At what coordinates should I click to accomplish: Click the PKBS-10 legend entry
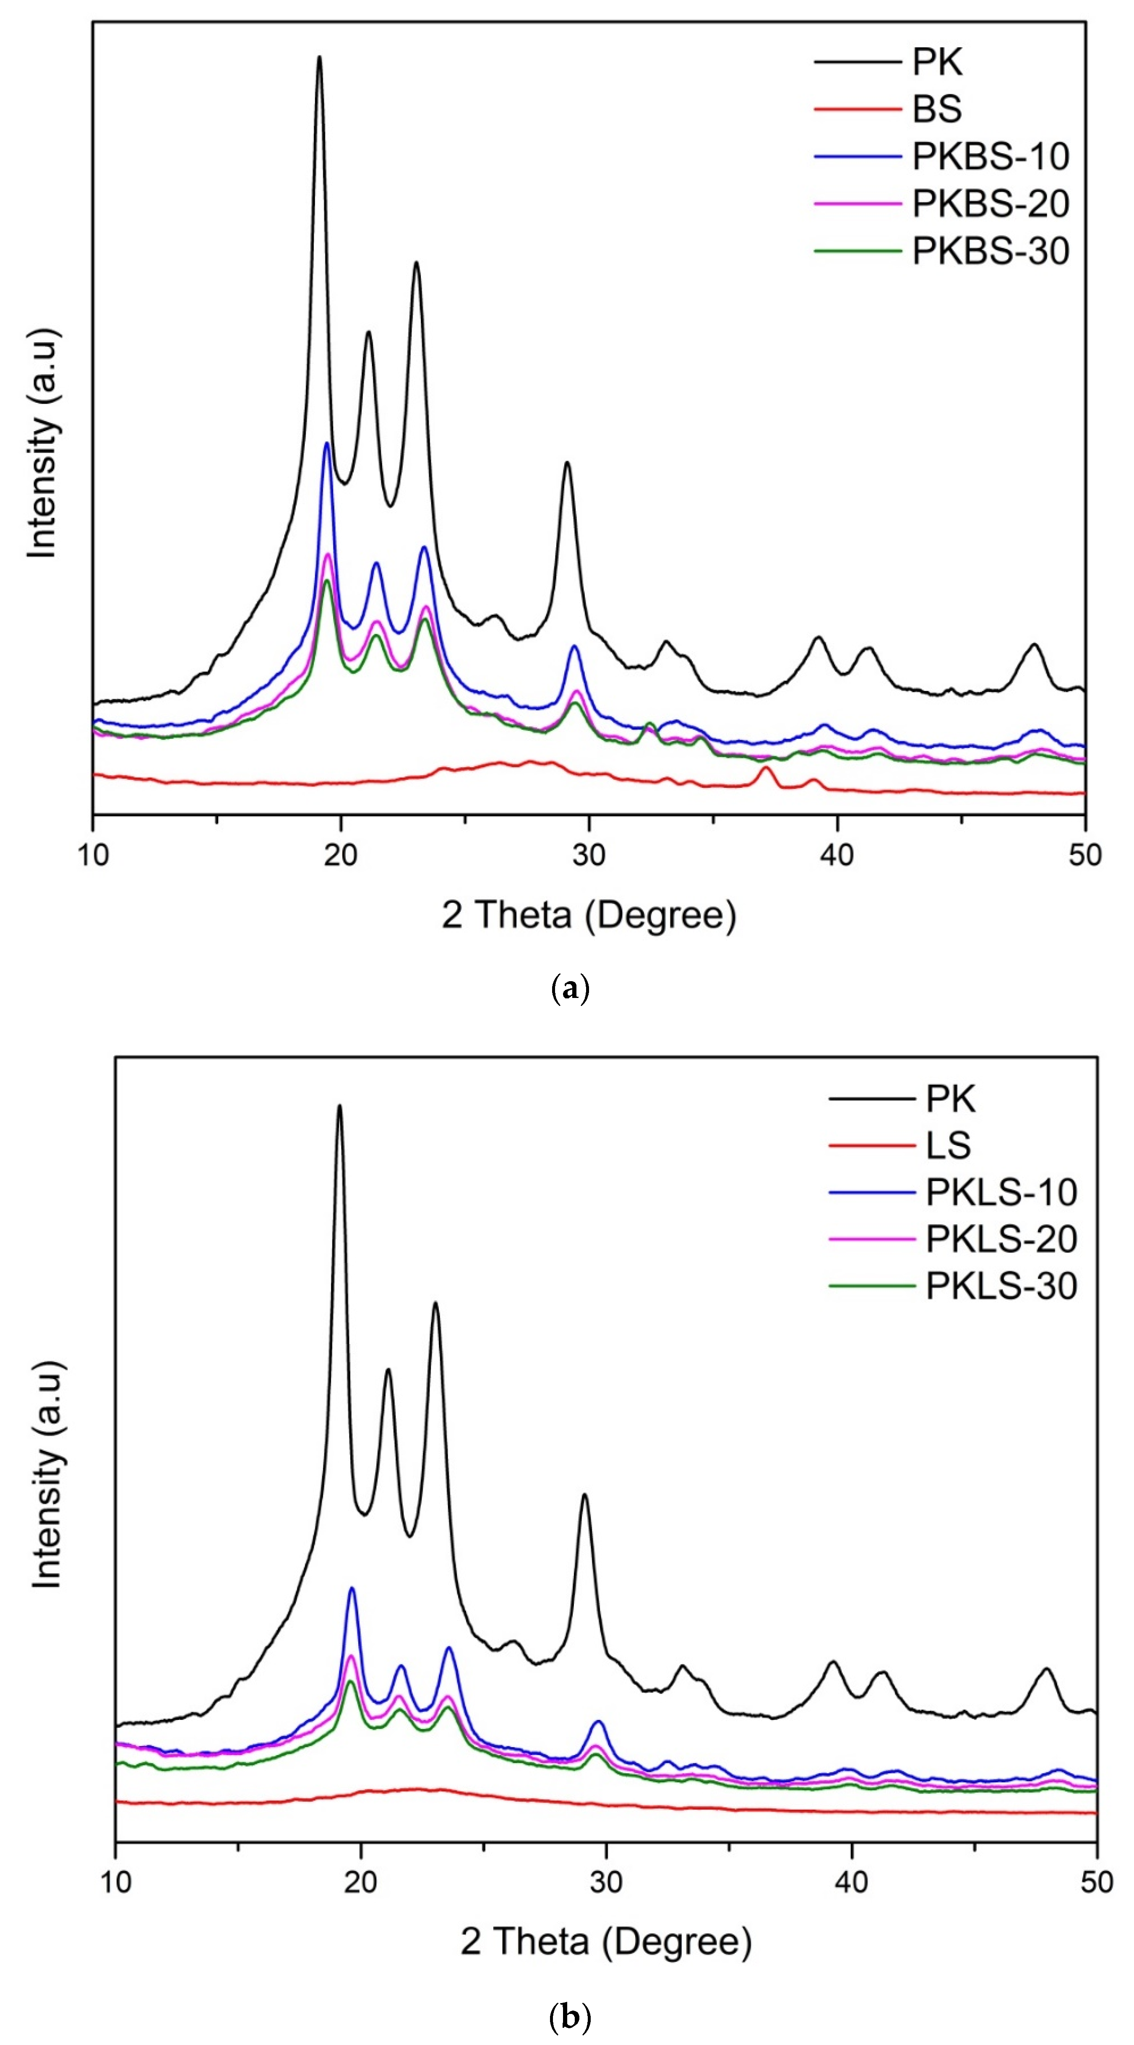pyautogui.click(x=989, y=156)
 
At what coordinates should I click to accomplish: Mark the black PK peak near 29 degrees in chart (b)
pyautogui.click(x=584, y=1495)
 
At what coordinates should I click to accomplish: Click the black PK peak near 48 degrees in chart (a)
pyautogui.click(x=1033, y=645)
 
